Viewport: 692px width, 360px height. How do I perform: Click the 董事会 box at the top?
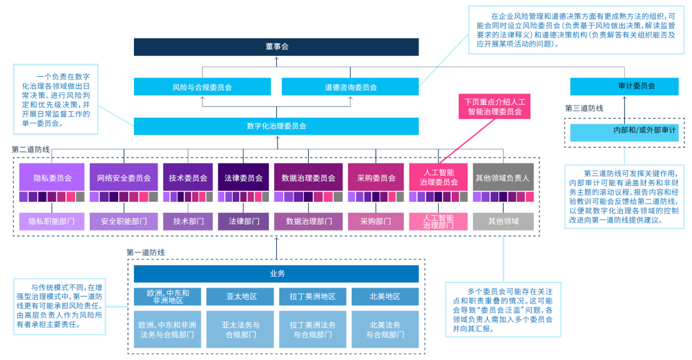coord(276,47)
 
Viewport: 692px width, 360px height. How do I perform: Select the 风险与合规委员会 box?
coord(202,86)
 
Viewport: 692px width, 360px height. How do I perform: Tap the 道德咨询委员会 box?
coord(350,86)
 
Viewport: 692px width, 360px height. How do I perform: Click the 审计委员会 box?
coord(623,86)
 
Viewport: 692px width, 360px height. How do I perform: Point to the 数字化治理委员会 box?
coord(276,126)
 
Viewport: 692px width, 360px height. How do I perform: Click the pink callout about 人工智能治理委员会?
coord(493,106)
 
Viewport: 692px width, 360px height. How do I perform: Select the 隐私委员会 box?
coord(52,177)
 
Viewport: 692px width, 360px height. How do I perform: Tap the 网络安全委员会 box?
coord(124,177)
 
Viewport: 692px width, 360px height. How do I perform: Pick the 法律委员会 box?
coord(243,177)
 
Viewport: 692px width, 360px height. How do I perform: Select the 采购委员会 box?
coord(375,177)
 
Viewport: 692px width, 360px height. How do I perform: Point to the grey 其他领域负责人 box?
coord(503,177)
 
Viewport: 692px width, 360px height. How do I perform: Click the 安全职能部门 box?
coord(124,222)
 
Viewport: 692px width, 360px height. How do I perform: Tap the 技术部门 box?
coord(188,222)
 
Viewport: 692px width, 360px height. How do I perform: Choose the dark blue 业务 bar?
coord(276,274)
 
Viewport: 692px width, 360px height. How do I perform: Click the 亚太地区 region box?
coord(241,297)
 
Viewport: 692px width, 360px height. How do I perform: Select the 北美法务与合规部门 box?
coord(385,329)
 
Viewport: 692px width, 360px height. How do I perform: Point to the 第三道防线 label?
coord(584,108)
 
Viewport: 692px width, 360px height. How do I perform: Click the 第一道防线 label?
coord(145,252)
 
